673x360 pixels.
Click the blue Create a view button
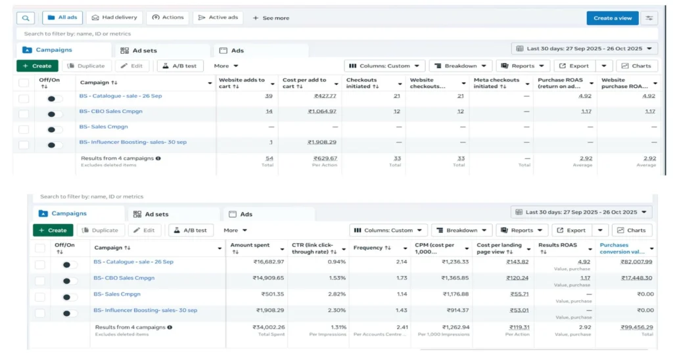coord(612,18)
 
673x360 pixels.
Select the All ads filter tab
coord(63,18)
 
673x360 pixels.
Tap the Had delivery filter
coord(114,18)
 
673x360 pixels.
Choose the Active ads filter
coord(218,18)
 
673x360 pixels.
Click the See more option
coord(271,18)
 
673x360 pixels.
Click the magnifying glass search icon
coord(25,18)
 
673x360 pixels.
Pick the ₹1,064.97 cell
coord(322,111)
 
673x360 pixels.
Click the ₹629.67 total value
coord(325,158)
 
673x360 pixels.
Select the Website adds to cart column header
coord(242,83)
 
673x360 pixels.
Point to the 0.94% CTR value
coord(337,261)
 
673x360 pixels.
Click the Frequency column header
coord(368,248)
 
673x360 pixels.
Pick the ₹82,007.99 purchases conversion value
coord(636,261)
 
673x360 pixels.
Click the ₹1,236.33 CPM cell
coord(451,261)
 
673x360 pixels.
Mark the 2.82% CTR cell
coord(337,294)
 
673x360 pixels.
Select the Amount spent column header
coord(250,245)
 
